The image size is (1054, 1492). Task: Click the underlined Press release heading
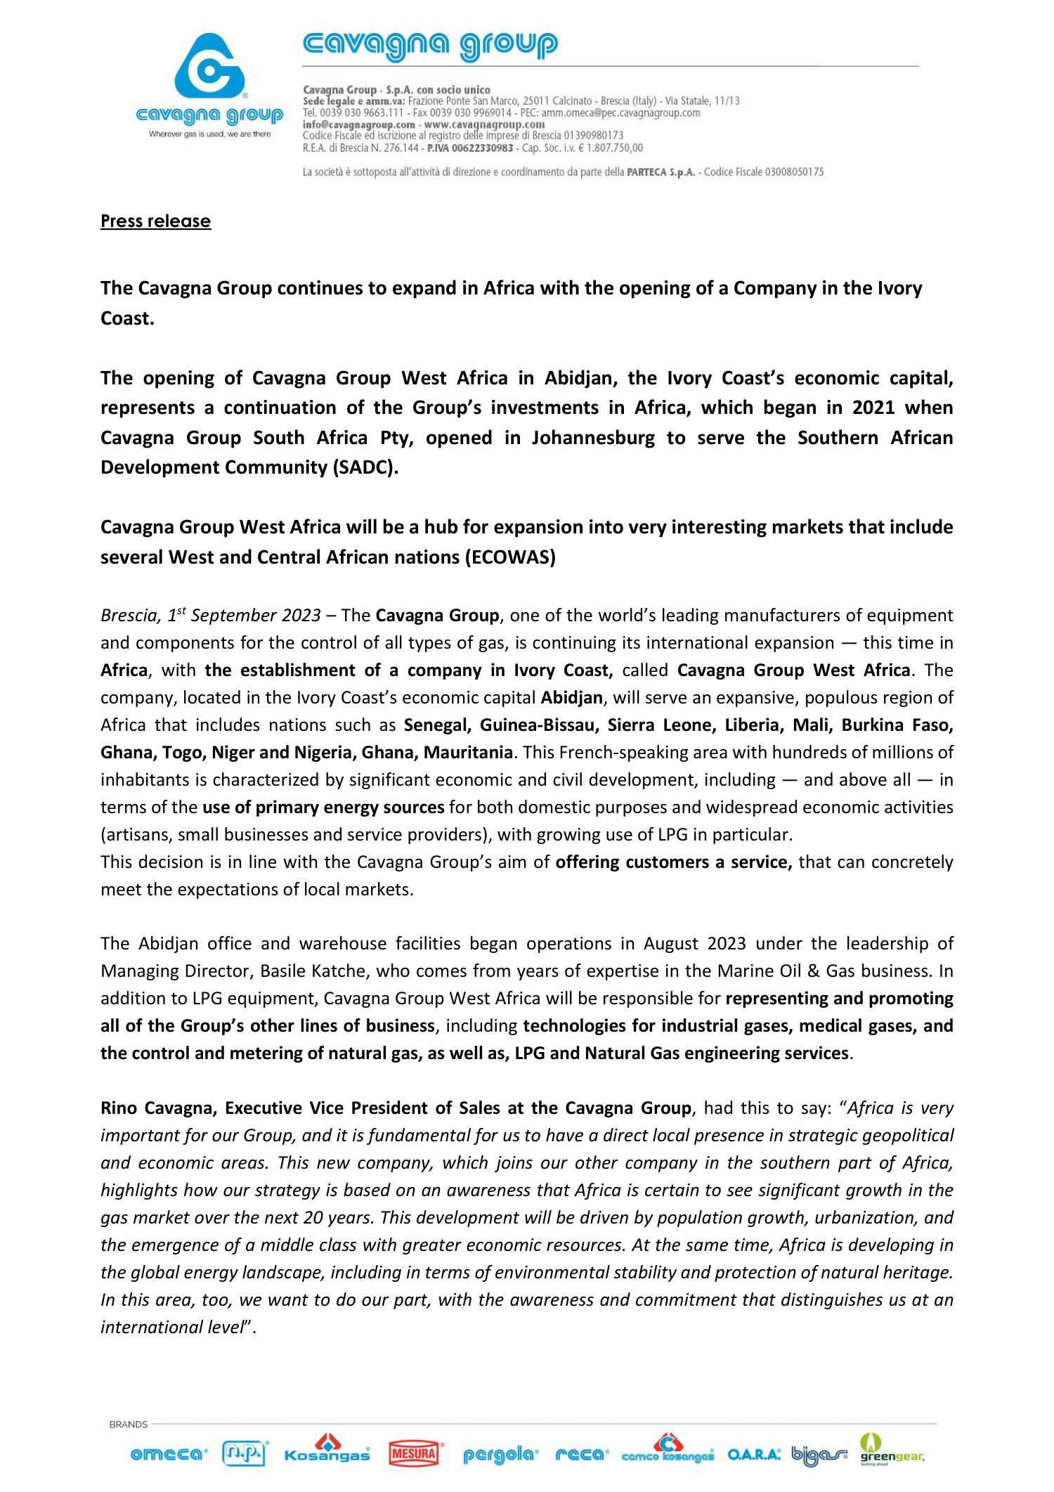pos(155,221)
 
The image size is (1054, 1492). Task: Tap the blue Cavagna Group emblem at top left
pos(209,66)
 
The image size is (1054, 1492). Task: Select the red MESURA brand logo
pos(415,1453)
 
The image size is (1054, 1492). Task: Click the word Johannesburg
pos(593,438)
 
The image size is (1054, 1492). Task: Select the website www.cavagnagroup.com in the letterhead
pos(484,124)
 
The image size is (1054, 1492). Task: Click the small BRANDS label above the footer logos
pos(129,1425)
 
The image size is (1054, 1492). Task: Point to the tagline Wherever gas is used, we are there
pos(209,134)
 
